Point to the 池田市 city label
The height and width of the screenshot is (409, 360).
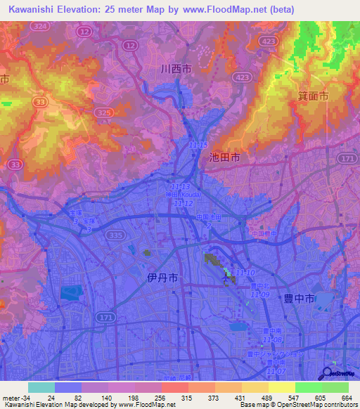point(225,159)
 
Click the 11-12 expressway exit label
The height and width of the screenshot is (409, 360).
point(184,203)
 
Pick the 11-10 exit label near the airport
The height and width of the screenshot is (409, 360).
point(245,272)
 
